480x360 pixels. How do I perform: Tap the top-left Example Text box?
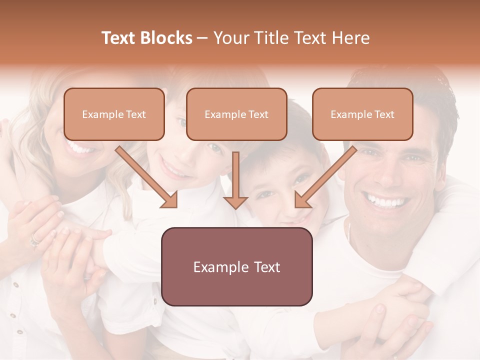click(114, 114)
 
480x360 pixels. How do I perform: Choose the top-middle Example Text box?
click(236, 114)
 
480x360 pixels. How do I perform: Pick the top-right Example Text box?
click(362, 114)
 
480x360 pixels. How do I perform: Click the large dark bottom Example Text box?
click(236, 267)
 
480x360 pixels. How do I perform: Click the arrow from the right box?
click(325, 177)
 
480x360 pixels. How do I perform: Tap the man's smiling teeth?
click(386, 202)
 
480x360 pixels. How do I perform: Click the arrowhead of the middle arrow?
click(235, 201)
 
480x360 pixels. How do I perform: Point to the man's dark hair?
click(430, 95)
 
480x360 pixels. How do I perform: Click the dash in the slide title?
click(202, 38)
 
